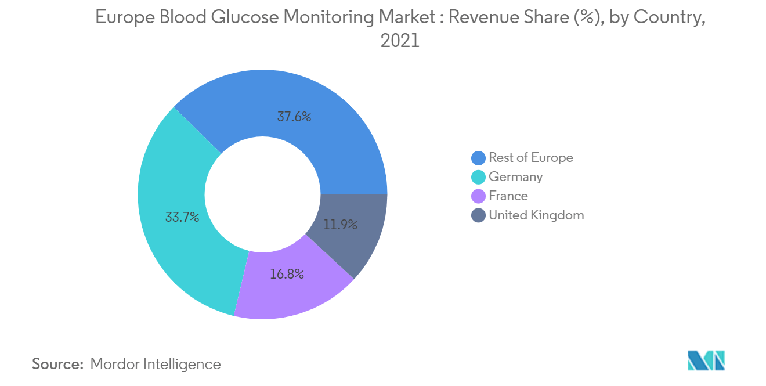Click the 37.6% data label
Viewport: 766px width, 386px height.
pyautogui.click(x=294, y=117)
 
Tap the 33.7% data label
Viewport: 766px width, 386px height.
pyautogui.click(x=182, y=218)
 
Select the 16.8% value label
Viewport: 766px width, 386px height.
pyautogui.click(x=287, y=273)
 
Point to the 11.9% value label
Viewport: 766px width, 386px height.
pyautogui.click(x=340, y=225)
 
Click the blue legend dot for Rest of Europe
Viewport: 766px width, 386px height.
pyautogui.click(x=478, y=158)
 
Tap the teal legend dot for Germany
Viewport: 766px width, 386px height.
pyautogui.click(x=478, y=177)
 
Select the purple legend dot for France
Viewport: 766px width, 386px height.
pyautogui.click(x=478, y=196)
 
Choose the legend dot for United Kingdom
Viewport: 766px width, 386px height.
pyautogui.click(x=478, y=215)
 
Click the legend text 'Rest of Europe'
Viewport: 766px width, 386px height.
pyautogui.click(x=530, y=158)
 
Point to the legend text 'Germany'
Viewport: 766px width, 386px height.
pyautogui.click(x=515, y=177)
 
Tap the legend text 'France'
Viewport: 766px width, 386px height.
pyautogui.click(x=508, y=196)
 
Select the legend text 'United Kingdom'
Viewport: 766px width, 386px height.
pyautogui.click(x=536, y=215)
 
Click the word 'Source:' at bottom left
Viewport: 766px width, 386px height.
pyautogui.click(x=58, y=364)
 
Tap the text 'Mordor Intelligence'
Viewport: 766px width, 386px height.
pyautogui.click(x=156, y=364)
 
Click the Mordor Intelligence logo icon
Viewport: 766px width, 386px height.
pyautogui.click(x=706, y=360)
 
